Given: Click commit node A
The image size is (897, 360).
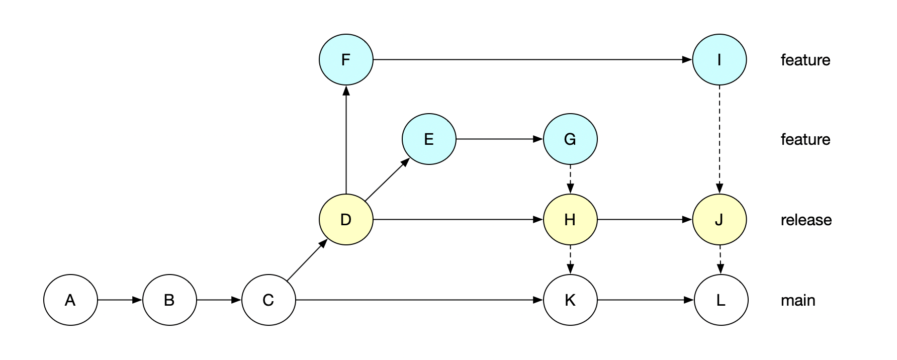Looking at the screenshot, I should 70,300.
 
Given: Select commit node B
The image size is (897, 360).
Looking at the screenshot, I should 169,300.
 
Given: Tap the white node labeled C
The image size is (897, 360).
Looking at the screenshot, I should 268,300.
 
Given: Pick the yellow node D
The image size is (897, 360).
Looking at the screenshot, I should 346,220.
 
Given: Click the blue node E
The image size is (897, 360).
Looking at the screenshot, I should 429,139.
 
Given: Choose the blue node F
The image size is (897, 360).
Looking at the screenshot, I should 346,60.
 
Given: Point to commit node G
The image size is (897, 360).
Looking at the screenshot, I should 570,139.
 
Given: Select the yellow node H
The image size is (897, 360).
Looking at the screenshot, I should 570,220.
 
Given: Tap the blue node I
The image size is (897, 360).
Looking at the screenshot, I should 720,60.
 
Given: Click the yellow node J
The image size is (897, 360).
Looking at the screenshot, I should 720,220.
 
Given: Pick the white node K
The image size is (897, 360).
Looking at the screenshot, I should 570,300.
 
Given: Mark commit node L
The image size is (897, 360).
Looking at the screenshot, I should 721,300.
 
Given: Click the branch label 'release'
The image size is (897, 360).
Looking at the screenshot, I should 806,220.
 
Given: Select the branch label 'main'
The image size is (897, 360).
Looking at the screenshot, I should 798,301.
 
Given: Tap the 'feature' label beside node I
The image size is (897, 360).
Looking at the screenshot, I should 805,60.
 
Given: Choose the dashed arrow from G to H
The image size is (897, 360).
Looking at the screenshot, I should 570,179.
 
